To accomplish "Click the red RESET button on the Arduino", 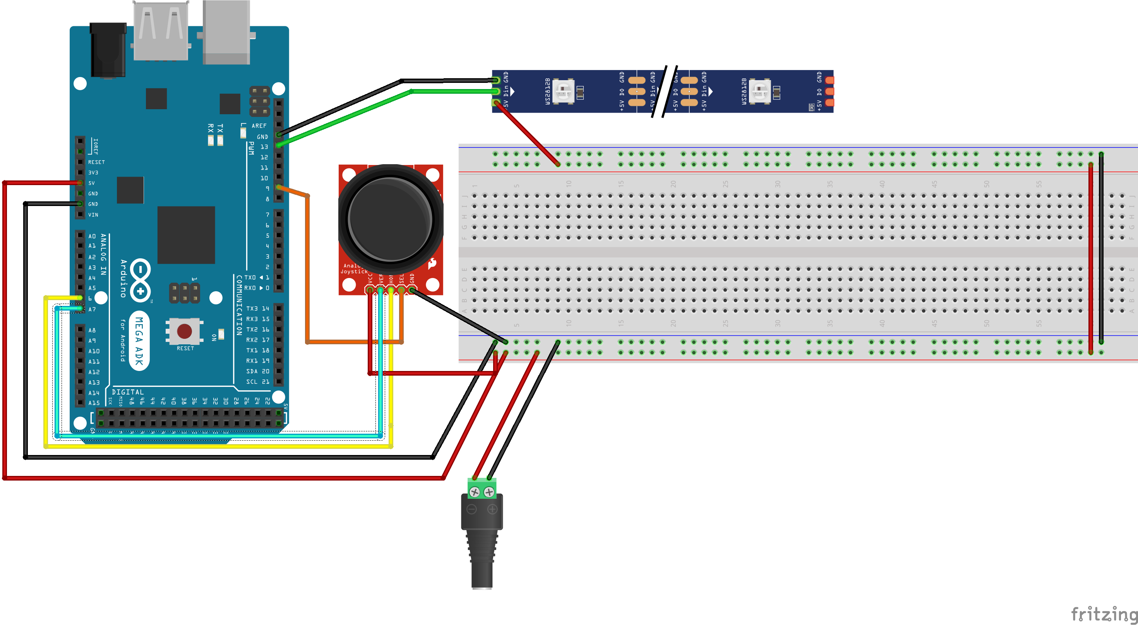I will coord(184,331).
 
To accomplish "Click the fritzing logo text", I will coord(1104,615).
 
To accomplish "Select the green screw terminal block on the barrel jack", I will coord(482,488).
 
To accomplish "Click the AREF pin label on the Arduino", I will coord(259,126).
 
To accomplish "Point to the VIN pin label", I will coord(93,215).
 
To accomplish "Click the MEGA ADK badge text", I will coord(139,341).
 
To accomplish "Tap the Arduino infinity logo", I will coord(140,280).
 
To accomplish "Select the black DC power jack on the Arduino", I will coord(107,51).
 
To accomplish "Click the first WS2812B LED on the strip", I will coord(563,91).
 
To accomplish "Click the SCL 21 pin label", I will coord(257,382).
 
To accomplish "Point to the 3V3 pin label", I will coord(93,173).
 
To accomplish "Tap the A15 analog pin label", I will coord(94,403).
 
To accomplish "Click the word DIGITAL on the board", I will coord(128,392).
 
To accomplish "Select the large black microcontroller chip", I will coord(186,235).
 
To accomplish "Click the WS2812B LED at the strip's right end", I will coord(760,91).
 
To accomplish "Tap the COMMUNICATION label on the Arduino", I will coord(239,305).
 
